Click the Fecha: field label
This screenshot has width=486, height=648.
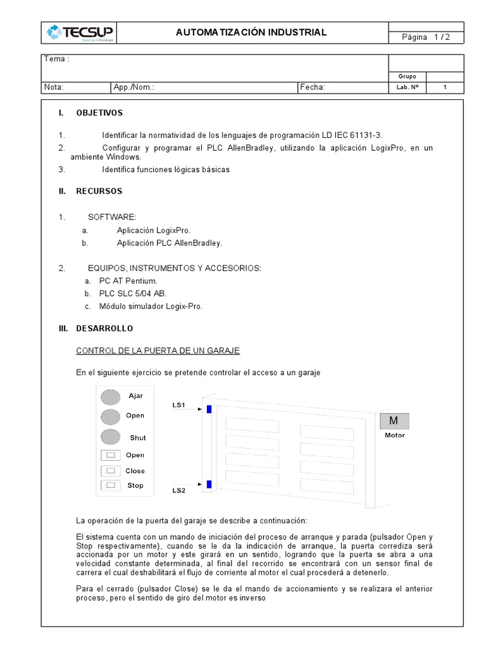(313, 88)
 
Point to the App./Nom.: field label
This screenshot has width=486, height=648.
(134, 88)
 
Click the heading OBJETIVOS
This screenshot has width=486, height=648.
(99, 113)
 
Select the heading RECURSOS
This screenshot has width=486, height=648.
(99, 190)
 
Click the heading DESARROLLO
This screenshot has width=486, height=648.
(104, 328)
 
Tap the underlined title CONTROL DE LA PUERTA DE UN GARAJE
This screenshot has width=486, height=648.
(158, 351)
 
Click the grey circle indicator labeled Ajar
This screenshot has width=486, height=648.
(111, 397)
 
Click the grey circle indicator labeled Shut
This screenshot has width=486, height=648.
(111, 437)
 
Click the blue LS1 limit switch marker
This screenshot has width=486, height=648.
(209, 409)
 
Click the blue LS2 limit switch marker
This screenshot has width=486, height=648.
(209, 485)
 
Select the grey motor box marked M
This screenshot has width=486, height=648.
(394, 421)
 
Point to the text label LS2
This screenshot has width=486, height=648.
(179, 490)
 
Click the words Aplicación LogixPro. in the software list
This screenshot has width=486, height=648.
(153, 231)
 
